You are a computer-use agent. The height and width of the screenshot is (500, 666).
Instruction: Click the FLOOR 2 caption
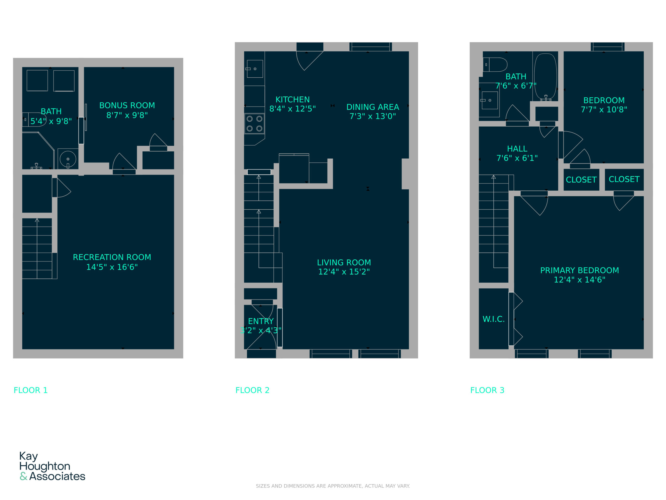tap(252, 390)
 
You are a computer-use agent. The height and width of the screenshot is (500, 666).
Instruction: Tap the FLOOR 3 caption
tap(487, 390)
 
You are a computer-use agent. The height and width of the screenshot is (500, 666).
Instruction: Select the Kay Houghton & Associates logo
tap(52, 466)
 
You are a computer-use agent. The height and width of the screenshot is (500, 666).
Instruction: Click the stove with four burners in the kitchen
tap(254, 124)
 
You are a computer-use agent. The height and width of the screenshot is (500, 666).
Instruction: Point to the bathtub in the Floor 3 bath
tap(546, 77)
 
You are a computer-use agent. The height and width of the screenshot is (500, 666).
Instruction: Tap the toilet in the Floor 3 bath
tap(495, 65)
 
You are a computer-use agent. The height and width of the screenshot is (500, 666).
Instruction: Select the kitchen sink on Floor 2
tap(255, 69)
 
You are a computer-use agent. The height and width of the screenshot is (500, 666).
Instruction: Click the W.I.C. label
tap(494, 319)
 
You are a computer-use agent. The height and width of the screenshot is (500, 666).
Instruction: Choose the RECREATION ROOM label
tap(112, 257)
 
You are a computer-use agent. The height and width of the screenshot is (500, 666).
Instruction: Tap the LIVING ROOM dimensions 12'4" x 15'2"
tap(344, 272)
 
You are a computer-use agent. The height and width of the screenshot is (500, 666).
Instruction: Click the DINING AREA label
tap(373, 107)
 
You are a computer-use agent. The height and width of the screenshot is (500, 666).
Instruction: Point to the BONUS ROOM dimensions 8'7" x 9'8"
tap(127, 115)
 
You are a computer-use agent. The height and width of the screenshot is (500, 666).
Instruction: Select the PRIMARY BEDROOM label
tap(580, 270)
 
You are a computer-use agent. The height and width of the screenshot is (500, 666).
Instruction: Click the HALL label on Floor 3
tap(517, 149)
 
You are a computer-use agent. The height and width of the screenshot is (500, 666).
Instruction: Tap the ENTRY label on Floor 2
tap(261, 321)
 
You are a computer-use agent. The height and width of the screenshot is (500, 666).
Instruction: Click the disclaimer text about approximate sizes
tap(333, 486)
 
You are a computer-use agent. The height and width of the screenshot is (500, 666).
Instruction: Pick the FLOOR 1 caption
tap(31, 390)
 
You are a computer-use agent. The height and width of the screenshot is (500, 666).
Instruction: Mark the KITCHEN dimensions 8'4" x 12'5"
tap(292, 109)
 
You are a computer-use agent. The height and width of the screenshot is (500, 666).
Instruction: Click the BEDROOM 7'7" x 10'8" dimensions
tap(604, 109)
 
